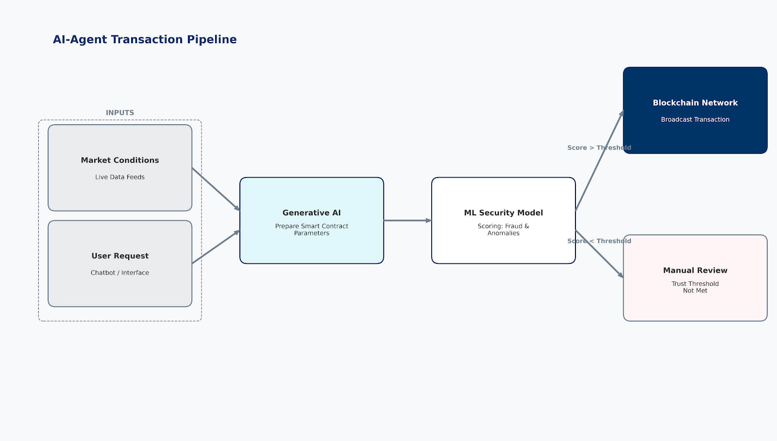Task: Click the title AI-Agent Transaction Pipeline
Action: click(x=145, y=39)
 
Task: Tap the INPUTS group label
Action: click(x=120, y=113)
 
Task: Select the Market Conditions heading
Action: click(x=120, y=160)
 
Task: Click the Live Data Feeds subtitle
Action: click(x=120, y=177)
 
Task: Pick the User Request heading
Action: click(x=120, y=256)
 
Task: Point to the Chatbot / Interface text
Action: click(x=120, y=273)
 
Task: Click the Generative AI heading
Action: click(x=312, y=212)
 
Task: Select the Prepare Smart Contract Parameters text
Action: click(x=312, y=229)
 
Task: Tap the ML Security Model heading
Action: click(x=504, y=212)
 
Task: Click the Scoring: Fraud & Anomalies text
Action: click(x=504, y=229)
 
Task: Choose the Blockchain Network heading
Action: click(x=695, y=103)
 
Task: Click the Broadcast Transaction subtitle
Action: click(x=695, y=119)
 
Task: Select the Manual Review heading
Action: click(x=695, y=270)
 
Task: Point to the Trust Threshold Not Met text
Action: click(x=695, y=287)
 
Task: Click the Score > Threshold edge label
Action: click(x=599, y=147)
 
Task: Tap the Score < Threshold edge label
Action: click(x=599, y=241)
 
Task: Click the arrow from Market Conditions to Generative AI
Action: click(x=216, y=189)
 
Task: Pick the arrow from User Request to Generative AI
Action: click(x=216, y=247)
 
